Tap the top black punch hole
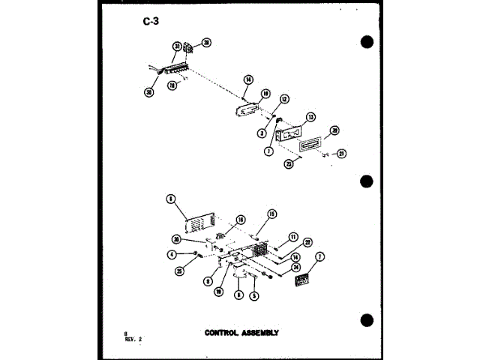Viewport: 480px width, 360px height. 367,41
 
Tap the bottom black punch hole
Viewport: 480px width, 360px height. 367,320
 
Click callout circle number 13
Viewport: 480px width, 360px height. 310,116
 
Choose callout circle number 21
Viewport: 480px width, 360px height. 341,154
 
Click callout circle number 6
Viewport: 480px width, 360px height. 171,199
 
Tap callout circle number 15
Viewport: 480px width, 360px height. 272,213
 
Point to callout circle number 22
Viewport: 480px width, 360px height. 307,241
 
